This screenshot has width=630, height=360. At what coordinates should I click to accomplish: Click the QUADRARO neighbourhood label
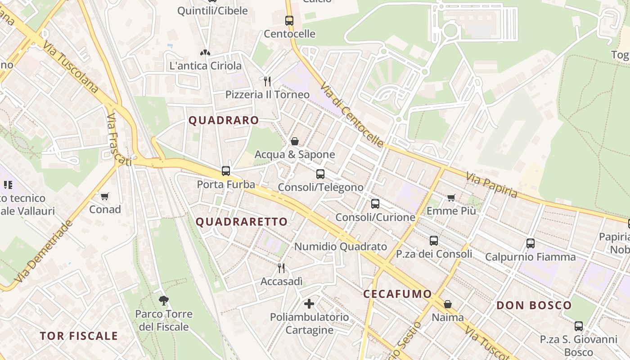pos(224,121)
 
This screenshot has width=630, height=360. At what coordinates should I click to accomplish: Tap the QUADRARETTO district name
pos(242,222)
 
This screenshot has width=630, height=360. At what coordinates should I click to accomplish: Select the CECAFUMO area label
pos(397,294)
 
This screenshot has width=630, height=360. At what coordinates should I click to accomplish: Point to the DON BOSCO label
pos(534,306)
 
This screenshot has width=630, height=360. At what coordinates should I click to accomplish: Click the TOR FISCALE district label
pos(79,336)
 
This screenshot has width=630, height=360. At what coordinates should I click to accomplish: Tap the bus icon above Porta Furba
pos(226,171)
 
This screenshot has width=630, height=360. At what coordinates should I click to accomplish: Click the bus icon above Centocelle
pos(289,20)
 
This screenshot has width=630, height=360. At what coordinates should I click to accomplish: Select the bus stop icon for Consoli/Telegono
pos(320,174)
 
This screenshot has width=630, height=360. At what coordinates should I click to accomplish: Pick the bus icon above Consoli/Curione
pos(375,204)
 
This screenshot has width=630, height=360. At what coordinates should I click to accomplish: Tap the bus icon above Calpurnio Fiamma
pos(531,243)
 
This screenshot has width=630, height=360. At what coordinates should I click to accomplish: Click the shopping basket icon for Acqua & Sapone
pos(295,141)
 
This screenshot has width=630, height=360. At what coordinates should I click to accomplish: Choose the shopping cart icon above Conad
pos(105,196)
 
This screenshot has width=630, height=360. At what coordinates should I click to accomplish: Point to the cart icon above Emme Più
pos(451,198)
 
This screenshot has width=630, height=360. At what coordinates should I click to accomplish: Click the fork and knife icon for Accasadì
pos(281,268)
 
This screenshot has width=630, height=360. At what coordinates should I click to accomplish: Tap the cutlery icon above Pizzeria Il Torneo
pos(267,81)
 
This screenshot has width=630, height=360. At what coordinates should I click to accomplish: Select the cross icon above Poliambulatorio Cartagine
pos(309,303)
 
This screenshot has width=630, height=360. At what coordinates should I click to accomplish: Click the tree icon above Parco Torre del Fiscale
pos(164,300)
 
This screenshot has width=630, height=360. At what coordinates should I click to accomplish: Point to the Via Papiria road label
pos(492,185)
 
